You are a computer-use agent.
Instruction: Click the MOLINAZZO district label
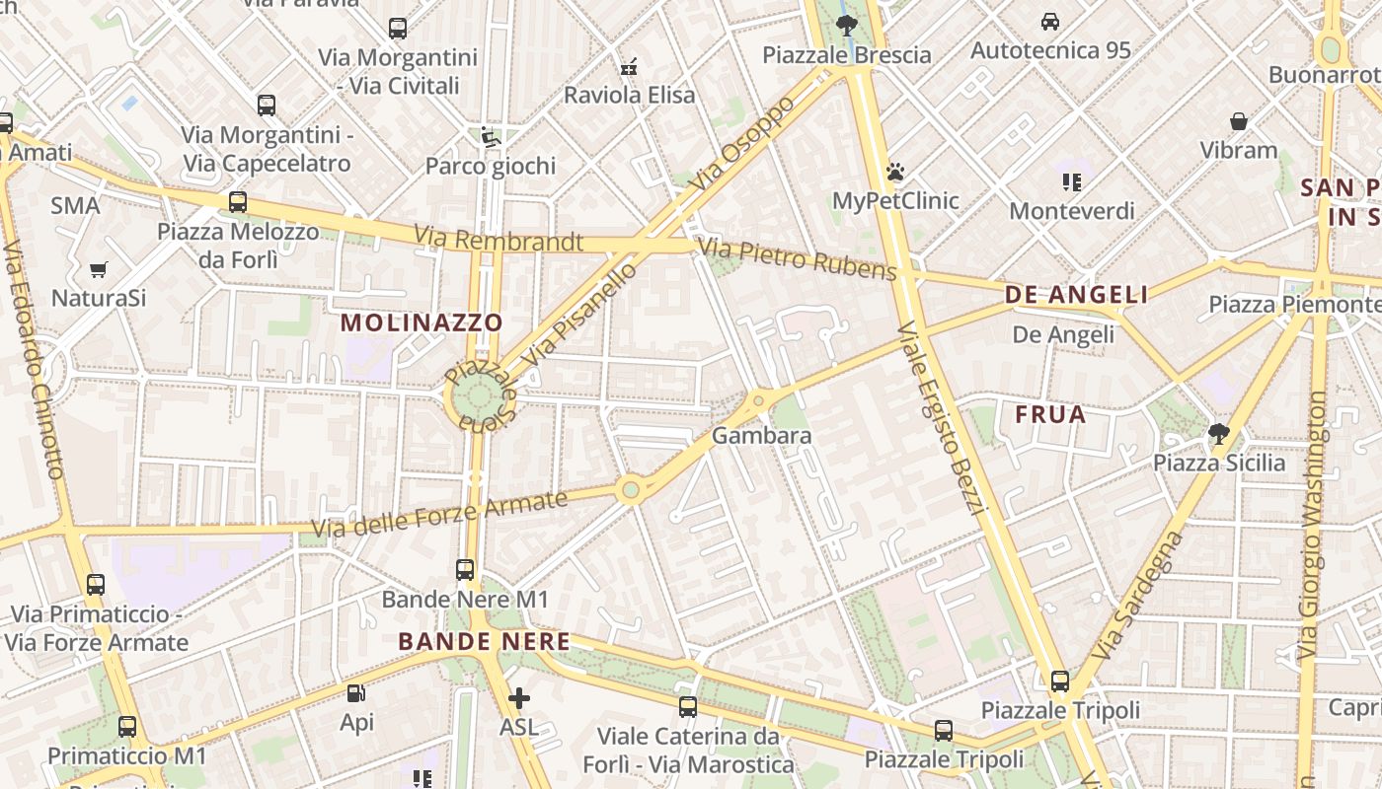click(x=422, y=323)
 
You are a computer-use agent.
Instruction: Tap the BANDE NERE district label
click(x=484, y=642)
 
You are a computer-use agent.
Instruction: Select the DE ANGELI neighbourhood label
click(x=1076, y=294)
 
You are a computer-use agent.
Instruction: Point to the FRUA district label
click(x=1050, y=414)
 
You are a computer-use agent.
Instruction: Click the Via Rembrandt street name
click(x=499, y=240)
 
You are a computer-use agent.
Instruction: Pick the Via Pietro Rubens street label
click(x=798, y=258)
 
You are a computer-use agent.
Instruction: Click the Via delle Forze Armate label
click(x=440, y=516)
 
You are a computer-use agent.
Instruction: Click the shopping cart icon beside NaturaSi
click(x=99, y=269)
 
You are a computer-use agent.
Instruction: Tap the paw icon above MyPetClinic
click(x=895, y=173)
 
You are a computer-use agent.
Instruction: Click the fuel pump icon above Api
click(x=356, y=694)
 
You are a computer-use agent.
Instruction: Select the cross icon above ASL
click(x=518, y=699)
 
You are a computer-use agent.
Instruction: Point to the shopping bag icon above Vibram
click(x=1239, y=121)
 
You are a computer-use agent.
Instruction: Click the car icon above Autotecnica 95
click(x=1050, y=21)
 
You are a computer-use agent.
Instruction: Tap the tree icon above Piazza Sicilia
click(x=1219, y=433)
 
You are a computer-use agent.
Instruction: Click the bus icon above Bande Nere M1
click(x=464, y=569)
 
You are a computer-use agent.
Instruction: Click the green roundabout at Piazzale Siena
click(x=480, y=397)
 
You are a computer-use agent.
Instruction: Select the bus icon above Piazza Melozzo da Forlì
click(x=238, y=202)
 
